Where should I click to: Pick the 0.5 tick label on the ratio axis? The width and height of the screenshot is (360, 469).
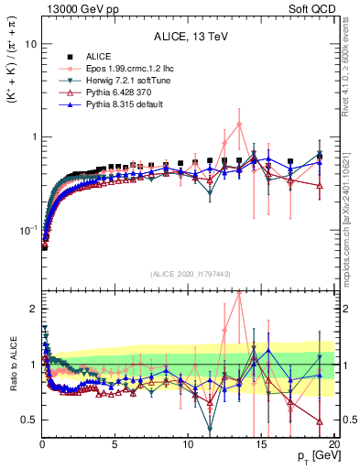pyautogui.click(x=27, y=420)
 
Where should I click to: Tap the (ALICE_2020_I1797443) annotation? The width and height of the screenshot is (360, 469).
pyautogui.click(x=188, y=274)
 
